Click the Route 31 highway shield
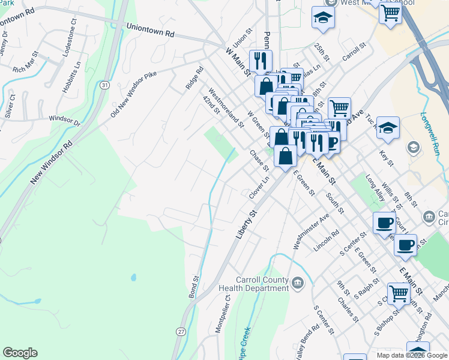point(105,86)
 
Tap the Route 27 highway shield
point(180,331)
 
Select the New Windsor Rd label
point(52,162)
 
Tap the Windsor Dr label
point(64,120)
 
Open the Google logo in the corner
point(20,353)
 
